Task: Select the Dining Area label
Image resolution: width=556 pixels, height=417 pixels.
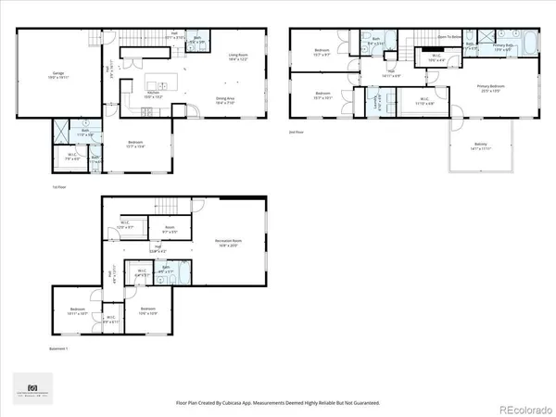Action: [x=225, y=97]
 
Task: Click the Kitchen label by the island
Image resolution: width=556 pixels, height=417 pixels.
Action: [x=156, y=93]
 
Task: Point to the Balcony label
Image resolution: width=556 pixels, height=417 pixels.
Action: [x=460, y=144]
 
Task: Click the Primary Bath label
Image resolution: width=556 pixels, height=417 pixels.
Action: [x=503, y=44]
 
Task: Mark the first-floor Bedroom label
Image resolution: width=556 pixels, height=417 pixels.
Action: [x=135, y=142]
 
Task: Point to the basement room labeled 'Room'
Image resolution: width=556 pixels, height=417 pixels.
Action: [x=170, y=228]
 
